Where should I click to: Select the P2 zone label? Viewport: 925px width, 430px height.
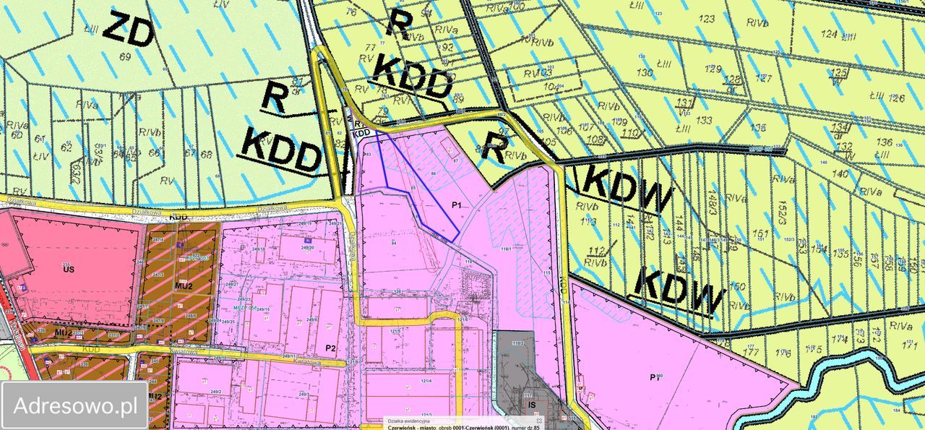coord(330,348)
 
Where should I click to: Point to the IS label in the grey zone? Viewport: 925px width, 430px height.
coord(532,406)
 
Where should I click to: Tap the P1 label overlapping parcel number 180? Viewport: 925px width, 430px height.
coord(656,377)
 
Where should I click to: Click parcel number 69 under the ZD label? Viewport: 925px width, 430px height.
coord(124,56)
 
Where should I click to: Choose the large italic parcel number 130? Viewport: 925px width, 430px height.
coord(643,72)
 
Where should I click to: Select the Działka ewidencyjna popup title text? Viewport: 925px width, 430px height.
coord(409,420)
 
